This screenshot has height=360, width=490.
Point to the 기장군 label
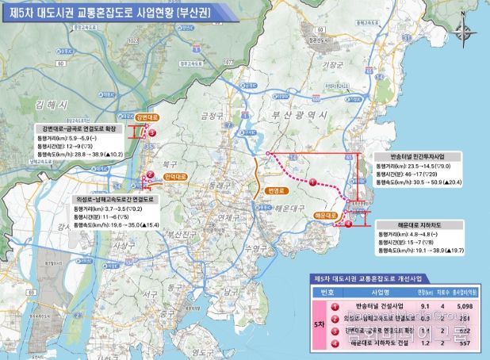[x=335, y=66]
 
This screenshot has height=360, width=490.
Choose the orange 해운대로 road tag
[x=327, y=214]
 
